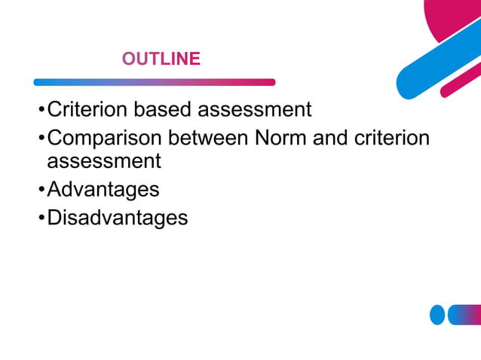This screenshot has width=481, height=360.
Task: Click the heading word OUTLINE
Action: click(161, 59)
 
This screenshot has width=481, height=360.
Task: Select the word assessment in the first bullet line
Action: click(254, 110)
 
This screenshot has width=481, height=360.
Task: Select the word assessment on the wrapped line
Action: click(104, 161)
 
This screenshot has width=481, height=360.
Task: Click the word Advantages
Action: click(103, 189)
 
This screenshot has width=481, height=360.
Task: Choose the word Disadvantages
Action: click(118, 218)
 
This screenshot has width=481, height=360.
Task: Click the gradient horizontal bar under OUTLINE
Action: click(155, 82)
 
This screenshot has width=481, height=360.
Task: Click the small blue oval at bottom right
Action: click(437, 315)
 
